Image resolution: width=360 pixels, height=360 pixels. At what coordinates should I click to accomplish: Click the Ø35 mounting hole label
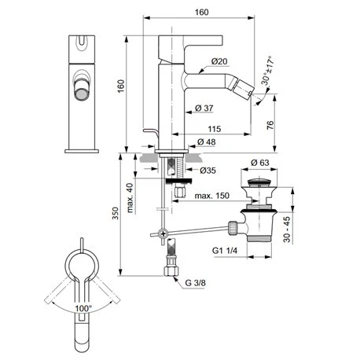[208, 169]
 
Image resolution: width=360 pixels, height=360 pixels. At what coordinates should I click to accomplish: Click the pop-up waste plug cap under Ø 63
[260, 185]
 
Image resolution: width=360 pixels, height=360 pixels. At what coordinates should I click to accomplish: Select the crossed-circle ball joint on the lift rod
[163, 233]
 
